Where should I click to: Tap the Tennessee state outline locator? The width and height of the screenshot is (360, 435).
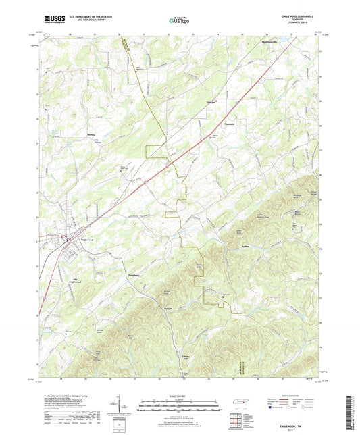[x=238, y=403]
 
